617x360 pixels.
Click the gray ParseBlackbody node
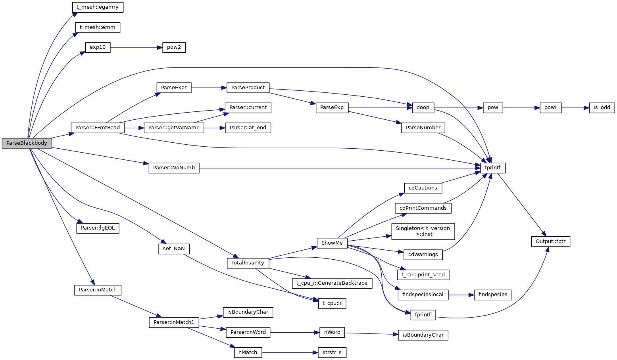coord(27,143)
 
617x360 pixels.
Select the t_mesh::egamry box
coord(98,7)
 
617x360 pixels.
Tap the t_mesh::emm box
coord(98,27)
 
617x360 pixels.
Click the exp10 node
coord(98,47)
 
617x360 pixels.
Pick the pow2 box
coord(174,47)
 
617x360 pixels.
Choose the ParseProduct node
coord(248,88)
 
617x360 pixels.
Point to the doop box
coord(423,107)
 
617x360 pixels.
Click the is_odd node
coord(602,107)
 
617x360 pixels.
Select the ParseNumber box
coord(423,128)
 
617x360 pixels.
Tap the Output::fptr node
coord(550,241)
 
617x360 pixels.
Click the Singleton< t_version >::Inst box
coord(423,231)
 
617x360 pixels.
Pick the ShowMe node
coord(332,243)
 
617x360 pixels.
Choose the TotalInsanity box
coord(248,263)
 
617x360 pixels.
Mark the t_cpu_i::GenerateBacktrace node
coord(332,283)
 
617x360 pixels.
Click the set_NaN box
coord(174,249)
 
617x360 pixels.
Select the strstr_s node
coord(332,352)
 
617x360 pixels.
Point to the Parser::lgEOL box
coord(98,228)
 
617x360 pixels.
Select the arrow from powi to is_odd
coord(575,107)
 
